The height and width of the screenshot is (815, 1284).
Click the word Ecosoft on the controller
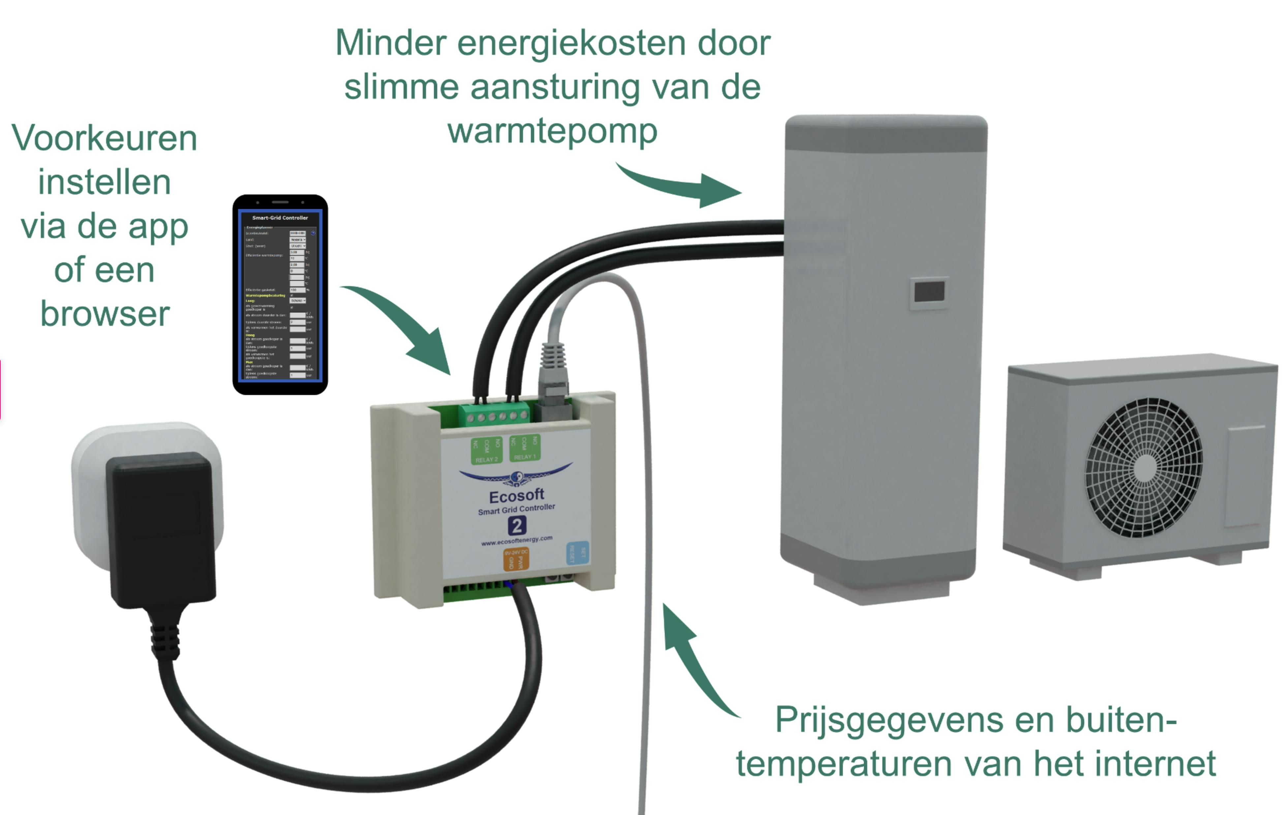(x=516, y=496)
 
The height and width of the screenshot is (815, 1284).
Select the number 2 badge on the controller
(x=516, y=526)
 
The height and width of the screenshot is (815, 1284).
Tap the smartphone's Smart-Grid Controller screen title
(x=280, y=218)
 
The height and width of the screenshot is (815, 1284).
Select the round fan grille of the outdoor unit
(x=1144, y=468)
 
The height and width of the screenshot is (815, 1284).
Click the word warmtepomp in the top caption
(x=552, y=131)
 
